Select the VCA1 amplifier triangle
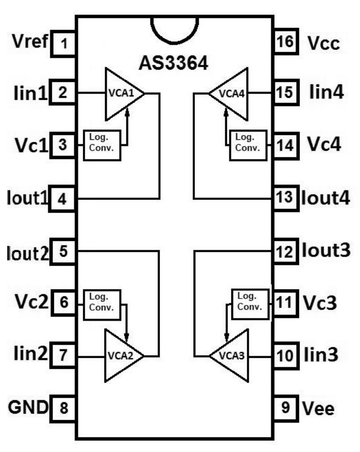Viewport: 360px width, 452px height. click(x=121, y=93)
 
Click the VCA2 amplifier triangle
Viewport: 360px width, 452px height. click(x=121, y=357)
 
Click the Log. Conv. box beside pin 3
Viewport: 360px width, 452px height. click(x=102, y=145)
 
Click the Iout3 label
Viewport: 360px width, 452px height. click(x=327, y=252)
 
